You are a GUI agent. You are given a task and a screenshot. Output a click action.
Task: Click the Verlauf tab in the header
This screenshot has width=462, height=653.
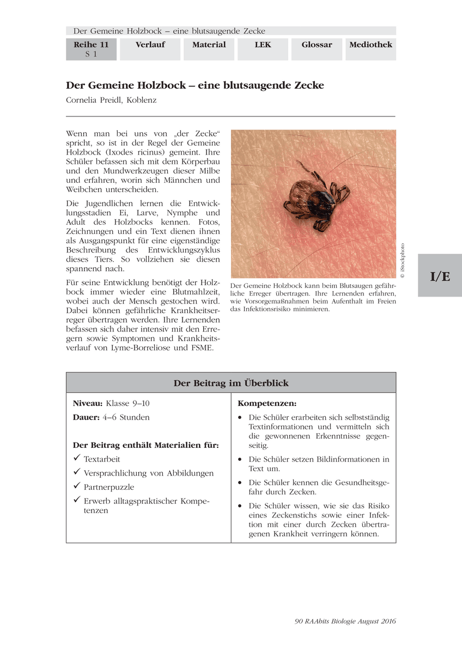click(x=150, y=45)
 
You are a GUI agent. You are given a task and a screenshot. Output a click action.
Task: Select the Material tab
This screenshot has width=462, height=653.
click(x=209, y=45)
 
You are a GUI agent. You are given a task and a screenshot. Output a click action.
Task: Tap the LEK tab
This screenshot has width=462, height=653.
click(x=263, y=45)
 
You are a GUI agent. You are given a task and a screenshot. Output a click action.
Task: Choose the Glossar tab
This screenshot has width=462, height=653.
click(x=317, y=45)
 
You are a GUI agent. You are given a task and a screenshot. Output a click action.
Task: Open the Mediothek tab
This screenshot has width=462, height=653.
click(x=370, y=45)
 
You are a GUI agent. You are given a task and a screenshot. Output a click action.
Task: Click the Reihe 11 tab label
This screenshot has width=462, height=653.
click(x=91, y=45)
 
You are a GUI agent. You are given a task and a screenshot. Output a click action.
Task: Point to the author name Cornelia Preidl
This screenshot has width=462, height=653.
click(x=111, y=100)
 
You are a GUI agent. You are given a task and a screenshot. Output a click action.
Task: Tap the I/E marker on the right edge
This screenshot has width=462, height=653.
click(x=440, y=276)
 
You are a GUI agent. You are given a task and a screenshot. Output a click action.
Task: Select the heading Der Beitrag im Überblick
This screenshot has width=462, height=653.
click(x=231, y=383)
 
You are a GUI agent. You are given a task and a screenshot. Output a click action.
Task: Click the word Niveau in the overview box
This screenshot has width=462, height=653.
click(x=88, y=403)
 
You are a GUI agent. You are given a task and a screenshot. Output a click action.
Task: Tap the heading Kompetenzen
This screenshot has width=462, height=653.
click(x=267, y=403)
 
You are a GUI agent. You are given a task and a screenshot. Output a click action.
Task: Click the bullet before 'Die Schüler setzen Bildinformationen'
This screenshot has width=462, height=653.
click(x=240, y=460)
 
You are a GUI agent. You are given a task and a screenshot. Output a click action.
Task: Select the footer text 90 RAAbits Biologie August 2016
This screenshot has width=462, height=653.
click(x=345, y=621)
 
